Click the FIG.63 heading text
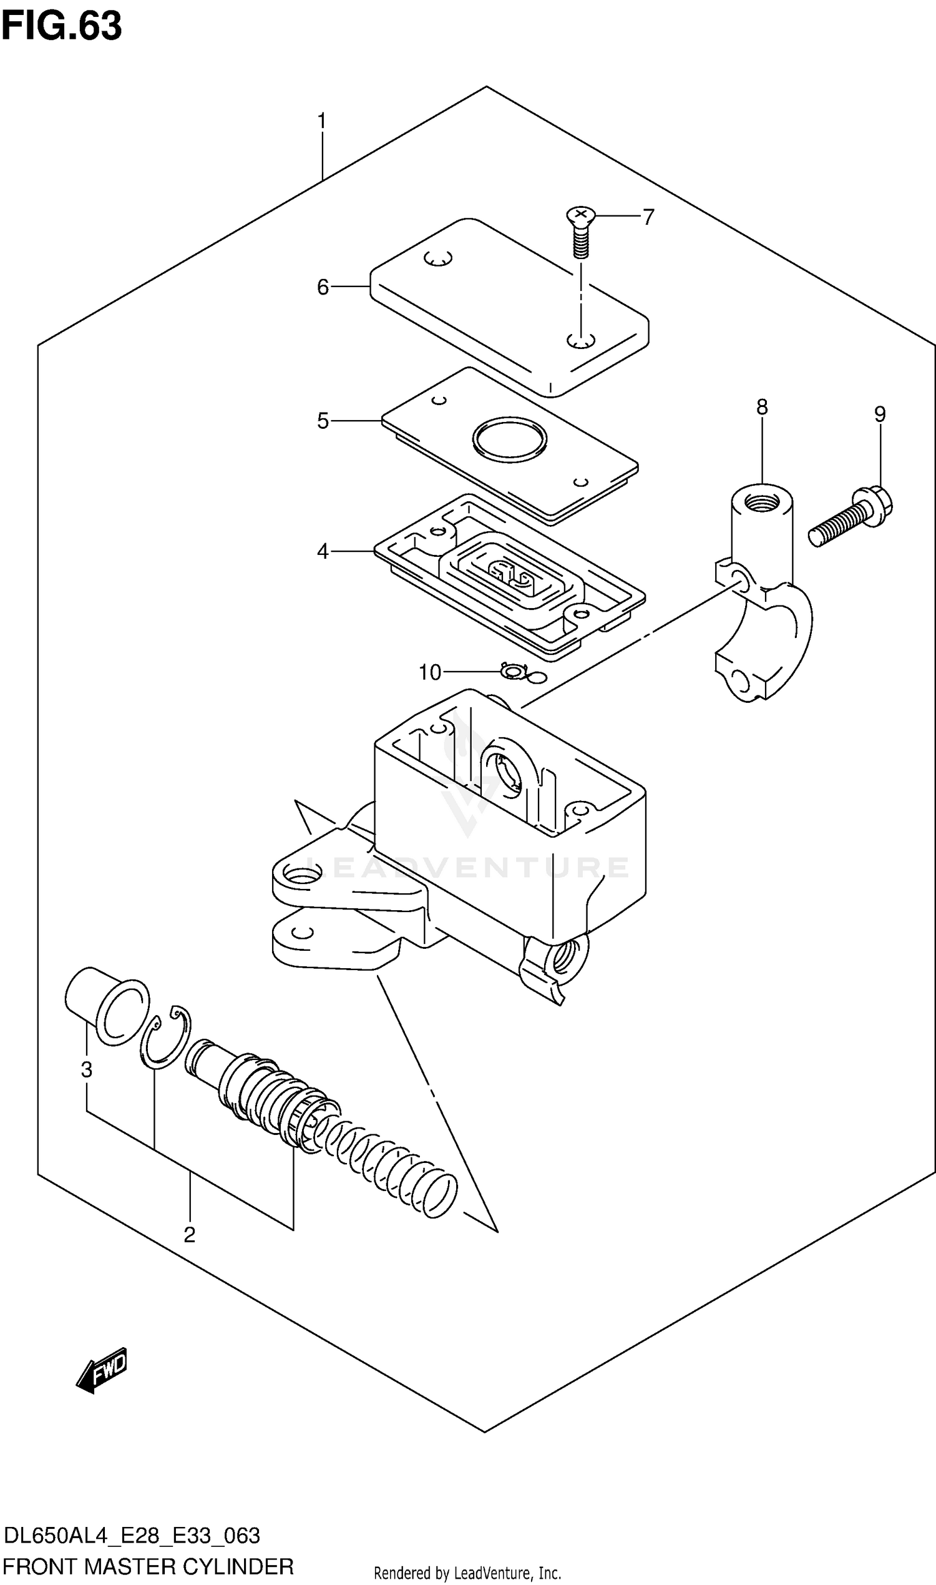pos(61,26)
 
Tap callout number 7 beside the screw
pos(648,217)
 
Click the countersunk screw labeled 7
pos(581,231)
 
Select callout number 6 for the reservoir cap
pos(323,288)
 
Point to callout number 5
pos(323,421)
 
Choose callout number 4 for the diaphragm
pos(323,552)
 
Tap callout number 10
pos(429,672)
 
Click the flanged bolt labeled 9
pos(852,519)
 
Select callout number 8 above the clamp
pos(762,408)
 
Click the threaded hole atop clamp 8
pos(762,503)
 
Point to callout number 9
pos(880,415)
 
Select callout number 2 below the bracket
pos(189,1235)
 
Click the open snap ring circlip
pos(167,1037)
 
